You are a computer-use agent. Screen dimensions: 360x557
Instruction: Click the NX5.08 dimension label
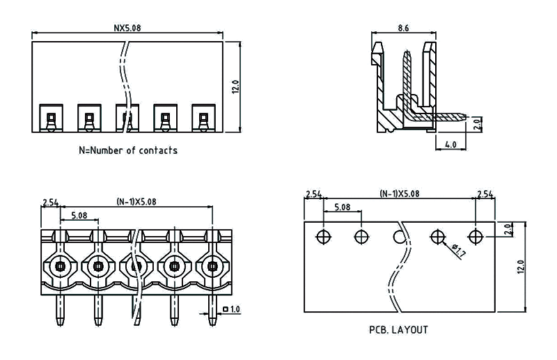(128, 29)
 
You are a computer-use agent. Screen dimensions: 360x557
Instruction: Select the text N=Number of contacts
(128, 150)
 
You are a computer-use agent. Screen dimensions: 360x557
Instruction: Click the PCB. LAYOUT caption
(398, 329)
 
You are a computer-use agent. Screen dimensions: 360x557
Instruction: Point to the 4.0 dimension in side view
(450, 144)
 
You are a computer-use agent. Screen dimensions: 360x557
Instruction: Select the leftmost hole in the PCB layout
(323, 236)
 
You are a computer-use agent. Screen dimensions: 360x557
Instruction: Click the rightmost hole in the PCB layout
(475, 237)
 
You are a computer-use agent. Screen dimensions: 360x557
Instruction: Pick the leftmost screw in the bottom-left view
(61, 265)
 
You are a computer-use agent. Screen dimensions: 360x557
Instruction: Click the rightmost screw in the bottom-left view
(211, 265)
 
